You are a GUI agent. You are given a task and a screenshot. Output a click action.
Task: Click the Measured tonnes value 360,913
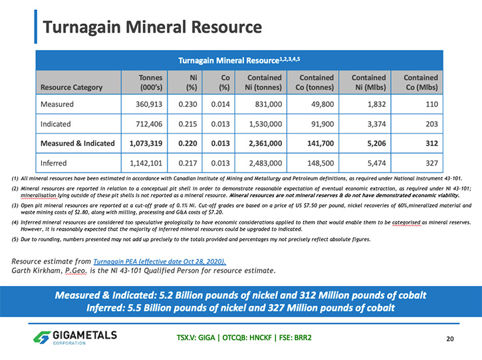click(x=149, y=104)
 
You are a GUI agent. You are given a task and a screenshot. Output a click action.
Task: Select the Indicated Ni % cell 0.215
click(x=187, y=124)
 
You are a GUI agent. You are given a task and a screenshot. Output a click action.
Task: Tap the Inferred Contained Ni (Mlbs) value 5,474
click(x=376, y=163)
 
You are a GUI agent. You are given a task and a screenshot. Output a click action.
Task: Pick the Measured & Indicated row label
click(x=78, y=143)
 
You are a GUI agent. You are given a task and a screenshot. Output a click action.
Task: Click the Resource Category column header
click(x=71, y=87)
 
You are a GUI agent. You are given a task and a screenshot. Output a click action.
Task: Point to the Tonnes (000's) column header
click(x=150, y=83)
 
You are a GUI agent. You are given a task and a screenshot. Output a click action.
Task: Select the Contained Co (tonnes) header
click(x=314, y=83)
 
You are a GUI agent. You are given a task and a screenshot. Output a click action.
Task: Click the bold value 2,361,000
click(x=265, y=143)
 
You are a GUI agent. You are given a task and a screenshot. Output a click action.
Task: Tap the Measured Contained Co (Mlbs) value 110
click(x=431, y=104)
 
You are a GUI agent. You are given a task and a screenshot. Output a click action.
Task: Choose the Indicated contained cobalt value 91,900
click(x=322, y=124)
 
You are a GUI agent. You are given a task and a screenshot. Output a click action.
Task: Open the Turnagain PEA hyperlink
click(x=160, y=262)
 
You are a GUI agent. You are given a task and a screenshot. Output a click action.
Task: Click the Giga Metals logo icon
click(x=42, y=337)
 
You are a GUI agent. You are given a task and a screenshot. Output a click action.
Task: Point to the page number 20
click(x=449, y=339)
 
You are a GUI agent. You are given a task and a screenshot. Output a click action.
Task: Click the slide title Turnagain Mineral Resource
click(x=152, y=27)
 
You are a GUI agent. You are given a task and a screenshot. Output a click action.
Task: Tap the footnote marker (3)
click(x=15, y=206)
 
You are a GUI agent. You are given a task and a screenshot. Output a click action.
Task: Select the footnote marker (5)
click(x=15, y=239)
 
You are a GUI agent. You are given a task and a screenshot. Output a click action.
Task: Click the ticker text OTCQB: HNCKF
click(x=247, y=337)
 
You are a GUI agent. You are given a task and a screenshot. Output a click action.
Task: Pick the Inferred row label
click(x=53, y=163)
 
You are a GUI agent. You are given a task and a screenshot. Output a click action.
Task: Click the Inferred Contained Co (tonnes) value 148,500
click(x=320, y=163)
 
